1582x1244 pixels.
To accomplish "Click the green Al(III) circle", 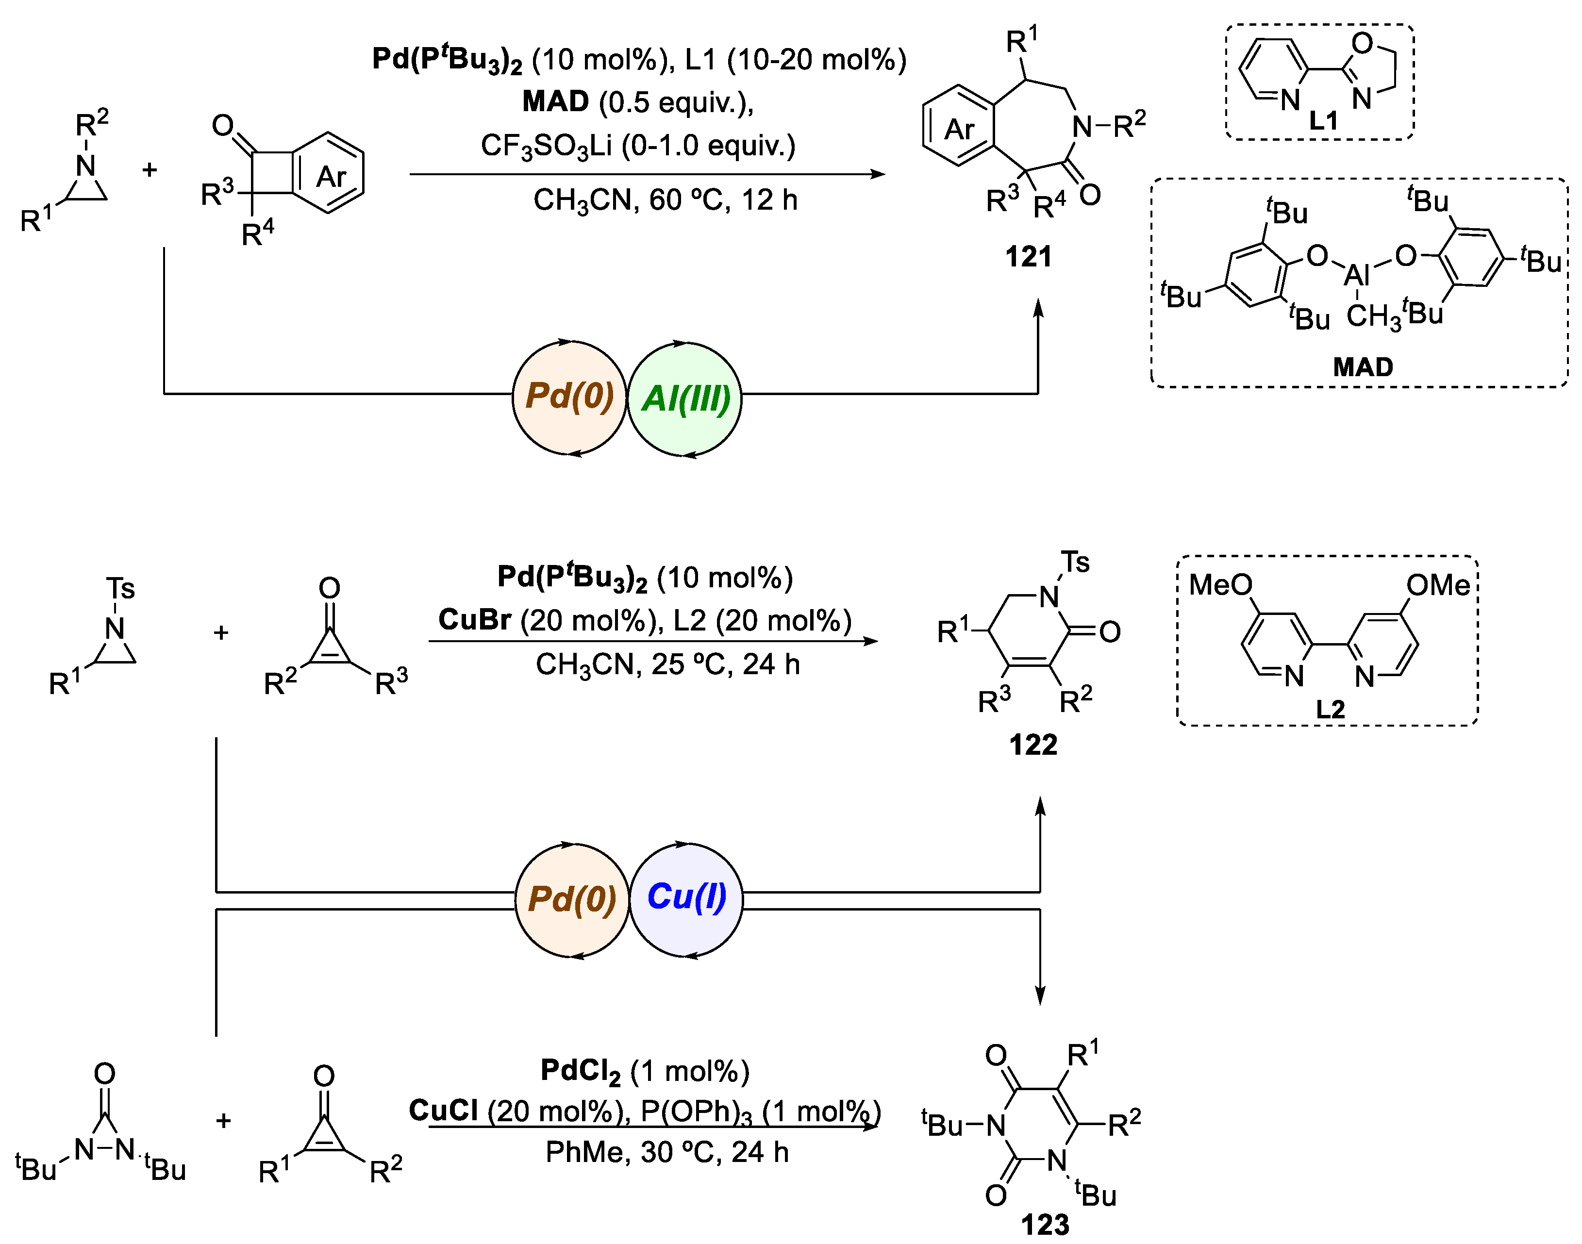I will click(x=684, y=398).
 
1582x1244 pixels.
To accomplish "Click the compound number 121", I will click(x=1029, y=257).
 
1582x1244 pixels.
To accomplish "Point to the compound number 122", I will click(x=1033, y=745).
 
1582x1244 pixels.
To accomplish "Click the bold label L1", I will click(x=1323, y=121).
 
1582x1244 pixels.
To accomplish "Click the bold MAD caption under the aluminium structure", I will click(x=1363, y=366).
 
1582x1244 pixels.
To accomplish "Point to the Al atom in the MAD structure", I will click(x=1356, y=275).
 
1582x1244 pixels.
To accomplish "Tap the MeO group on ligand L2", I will click(x=1220, y=585).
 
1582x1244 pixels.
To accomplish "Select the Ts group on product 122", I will click(x=1075, y=562).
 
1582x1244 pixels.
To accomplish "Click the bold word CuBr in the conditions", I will click(x=474, y=620).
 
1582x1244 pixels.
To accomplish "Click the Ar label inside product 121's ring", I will click(x=959, y=130).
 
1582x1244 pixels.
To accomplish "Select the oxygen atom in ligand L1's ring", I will click(x=1362, y=44).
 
